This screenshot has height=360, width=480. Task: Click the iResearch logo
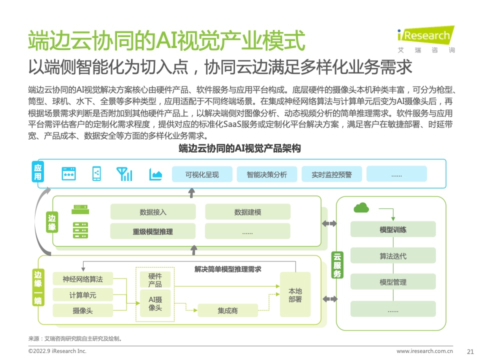(x=426, y=39)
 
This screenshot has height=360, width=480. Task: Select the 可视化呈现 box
(x=202, y=174)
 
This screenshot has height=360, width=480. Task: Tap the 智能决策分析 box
(x=267, y=174)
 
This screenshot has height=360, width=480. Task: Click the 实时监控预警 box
(x=332, y=174)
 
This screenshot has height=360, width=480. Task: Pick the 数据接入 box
(x=153, y=212)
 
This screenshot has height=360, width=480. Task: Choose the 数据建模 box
(x=247, y=212)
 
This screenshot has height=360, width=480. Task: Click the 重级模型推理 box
(x=153, y=231)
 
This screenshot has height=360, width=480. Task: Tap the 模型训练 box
(x=393, y=229)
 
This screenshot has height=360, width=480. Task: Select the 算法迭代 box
(x=393, y=255)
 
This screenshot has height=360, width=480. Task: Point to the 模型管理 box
(x=393, y=281)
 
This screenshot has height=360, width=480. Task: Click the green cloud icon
(x=361, y=207)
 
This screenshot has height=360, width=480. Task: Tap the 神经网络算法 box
(x=83, y=279)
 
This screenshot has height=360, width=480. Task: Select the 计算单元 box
(x=83, y=295)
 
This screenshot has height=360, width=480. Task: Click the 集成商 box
(x=228, y=310)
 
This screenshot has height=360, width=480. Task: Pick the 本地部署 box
(x=295, y=294)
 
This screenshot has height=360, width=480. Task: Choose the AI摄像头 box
(x=155, y=303)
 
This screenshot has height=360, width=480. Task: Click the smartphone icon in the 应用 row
(x=96, y=173)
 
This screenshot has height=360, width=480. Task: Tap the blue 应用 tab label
(x=38, y=171)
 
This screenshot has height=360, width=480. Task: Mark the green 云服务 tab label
(x=337, y=265)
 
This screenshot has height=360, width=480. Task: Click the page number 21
(x=470, y=351)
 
